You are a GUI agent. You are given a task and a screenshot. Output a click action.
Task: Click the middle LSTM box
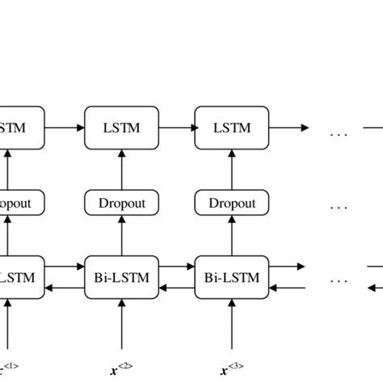point(121,128)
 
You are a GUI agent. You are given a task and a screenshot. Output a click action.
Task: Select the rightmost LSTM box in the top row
point(232,128)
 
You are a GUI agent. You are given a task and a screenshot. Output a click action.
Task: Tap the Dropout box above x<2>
point(121,203)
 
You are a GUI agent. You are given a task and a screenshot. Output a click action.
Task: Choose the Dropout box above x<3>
point(232,203)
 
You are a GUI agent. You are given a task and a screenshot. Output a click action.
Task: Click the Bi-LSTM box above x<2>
point(121,277)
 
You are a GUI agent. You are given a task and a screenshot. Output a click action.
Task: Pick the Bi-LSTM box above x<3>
point(232,277)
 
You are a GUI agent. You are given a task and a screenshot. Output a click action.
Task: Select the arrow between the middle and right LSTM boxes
point(176,128)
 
